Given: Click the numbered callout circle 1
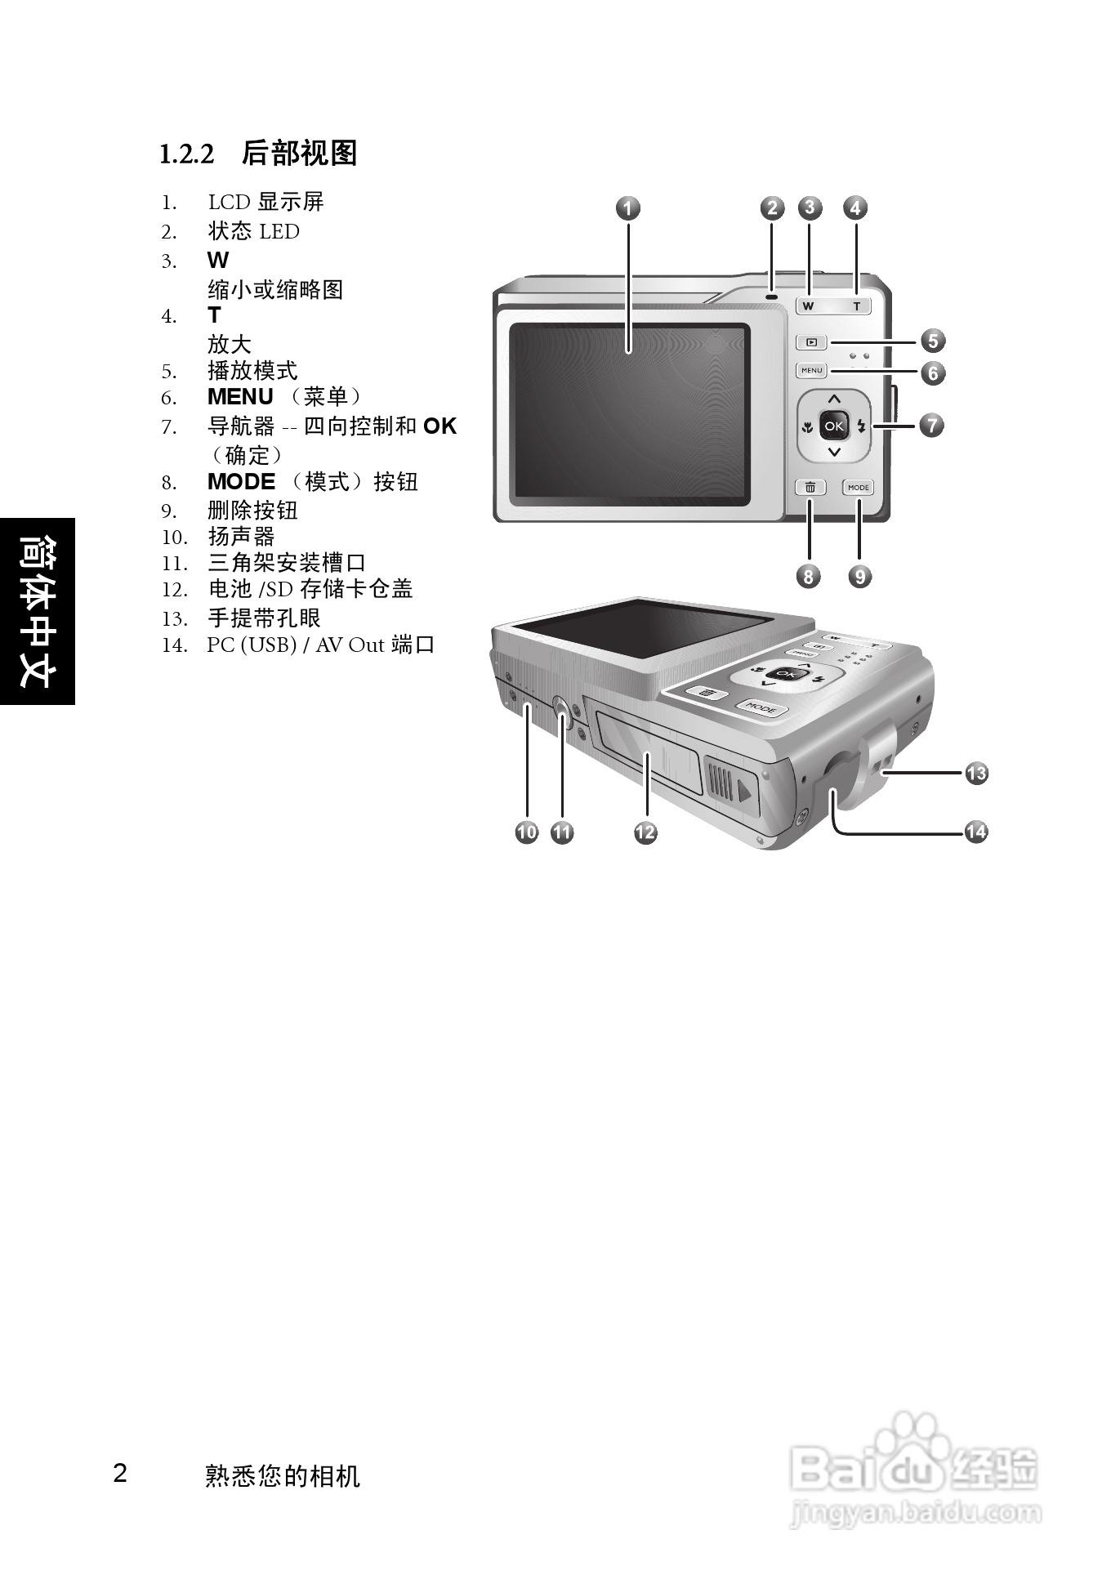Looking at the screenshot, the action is tap(627, 208).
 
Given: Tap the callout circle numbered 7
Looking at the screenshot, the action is tap(931, 425).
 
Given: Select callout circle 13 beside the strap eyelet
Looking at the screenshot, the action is tap(976, 772).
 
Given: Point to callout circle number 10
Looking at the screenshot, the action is tap(527, 832).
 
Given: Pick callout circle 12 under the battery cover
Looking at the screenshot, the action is tap(645, 832).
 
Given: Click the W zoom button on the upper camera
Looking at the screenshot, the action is tap(809, 306).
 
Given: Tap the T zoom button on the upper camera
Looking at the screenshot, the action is tap(856, 306).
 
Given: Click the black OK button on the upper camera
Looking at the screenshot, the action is tap(833, 426).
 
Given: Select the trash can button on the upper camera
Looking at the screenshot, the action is tap(810, 487).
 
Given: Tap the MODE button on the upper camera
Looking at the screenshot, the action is tap(859, 487).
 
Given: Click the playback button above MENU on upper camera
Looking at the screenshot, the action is tap(811, 343).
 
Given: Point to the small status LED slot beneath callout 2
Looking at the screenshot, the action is tap(771, 295).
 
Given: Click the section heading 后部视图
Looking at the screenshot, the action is tap(300, 153).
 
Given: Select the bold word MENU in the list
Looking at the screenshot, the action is tap(240, 397).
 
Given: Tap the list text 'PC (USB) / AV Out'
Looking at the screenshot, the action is tap(295, 645).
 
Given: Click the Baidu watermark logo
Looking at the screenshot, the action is tap(915, 1470).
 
